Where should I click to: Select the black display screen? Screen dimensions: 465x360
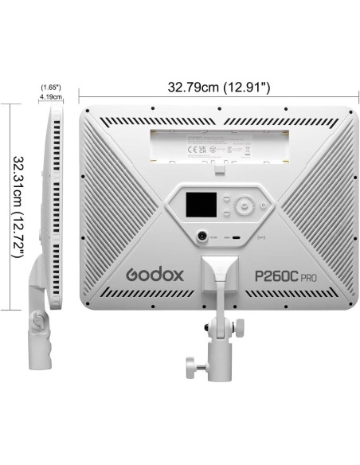(x=198, y=205)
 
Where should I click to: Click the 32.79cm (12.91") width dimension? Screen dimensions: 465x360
(x=217, y=85)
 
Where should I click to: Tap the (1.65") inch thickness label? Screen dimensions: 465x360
(x=50, y=85)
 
